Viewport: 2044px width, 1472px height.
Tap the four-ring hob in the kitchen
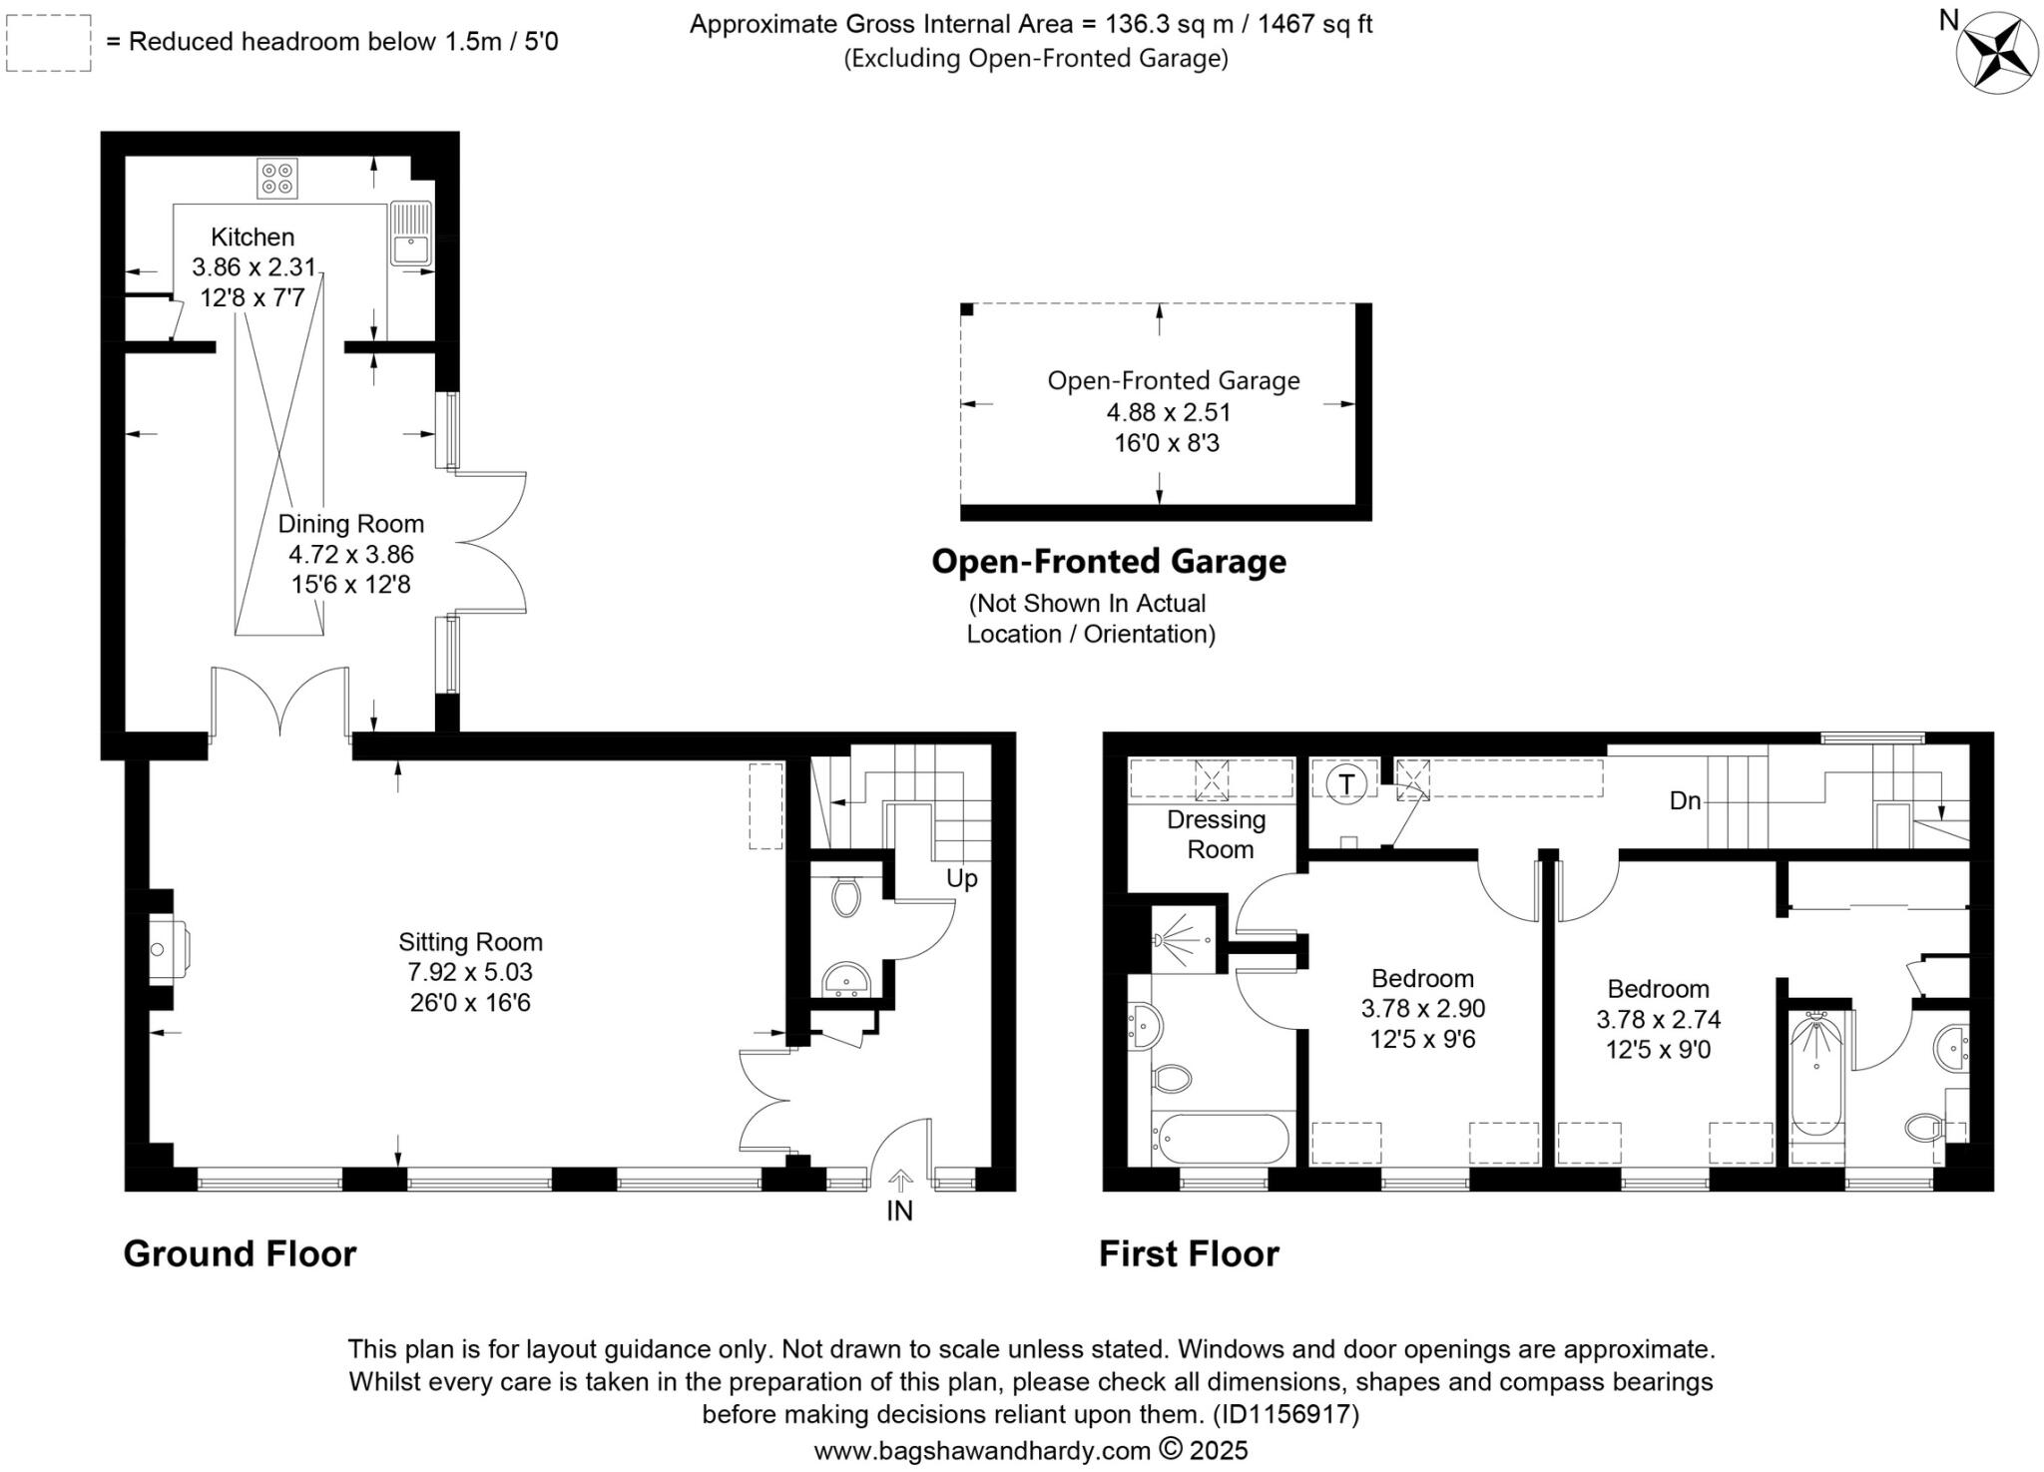[x=276, y=178]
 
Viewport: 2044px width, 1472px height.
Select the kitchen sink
[x=409, y=234]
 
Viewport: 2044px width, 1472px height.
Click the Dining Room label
[x=350, y=524]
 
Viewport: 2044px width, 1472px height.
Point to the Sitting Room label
[x=470, y=942]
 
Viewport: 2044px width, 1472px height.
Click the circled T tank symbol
[x=1346, y=784]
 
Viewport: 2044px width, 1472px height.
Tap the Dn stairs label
[x=1685, y=800]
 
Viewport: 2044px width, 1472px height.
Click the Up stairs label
[x=961, y=878]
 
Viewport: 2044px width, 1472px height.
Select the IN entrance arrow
[x=899, y=1184]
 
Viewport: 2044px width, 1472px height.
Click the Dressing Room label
[x=1217, y=834]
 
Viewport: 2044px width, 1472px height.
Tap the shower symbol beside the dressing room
[x=1184, y=939]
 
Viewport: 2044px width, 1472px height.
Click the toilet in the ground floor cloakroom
[x=846, y=896]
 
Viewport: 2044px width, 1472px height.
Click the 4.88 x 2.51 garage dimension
[x=1168, y=412]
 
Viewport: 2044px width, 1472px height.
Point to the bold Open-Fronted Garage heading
[x=1108, y=562]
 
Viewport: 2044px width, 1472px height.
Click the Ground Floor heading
[x=240, y=1254]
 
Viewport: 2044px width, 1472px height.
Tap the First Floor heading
[x=1188, y=1254]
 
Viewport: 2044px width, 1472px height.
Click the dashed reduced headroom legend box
[x=49, y=43]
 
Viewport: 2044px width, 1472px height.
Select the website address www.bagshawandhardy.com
[x=982, y=1450]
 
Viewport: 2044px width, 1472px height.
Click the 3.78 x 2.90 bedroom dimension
[x=1422, y=1009]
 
